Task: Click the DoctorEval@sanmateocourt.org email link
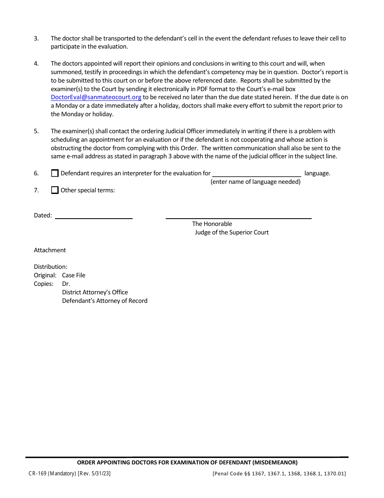coord(96,97)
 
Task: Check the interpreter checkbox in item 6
coord(55,173)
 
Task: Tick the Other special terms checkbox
coord(55,190)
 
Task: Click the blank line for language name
coord(257,174)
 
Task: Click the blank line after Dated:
coord(93,216)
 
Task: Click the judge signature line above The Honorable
coord(238,216)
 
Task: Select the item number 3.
coord(36,38)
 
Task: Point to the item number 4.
coord(36,64)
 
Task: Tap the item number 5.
coord(36,131)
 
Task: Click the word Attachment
coord(50,250)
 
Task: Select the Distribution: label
coord(51,267)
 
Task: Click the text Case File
coord(74,275)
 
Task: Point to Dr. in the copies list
coord(66,284)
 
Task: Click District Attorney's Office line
coord(95,292)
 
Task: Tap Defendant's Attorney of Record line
coord(104,301)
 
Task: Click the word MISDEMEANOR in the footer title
coord(275,462)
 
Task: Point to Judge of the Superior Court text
coord(232,232)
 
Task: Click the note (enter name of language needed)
coord(255,182)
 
